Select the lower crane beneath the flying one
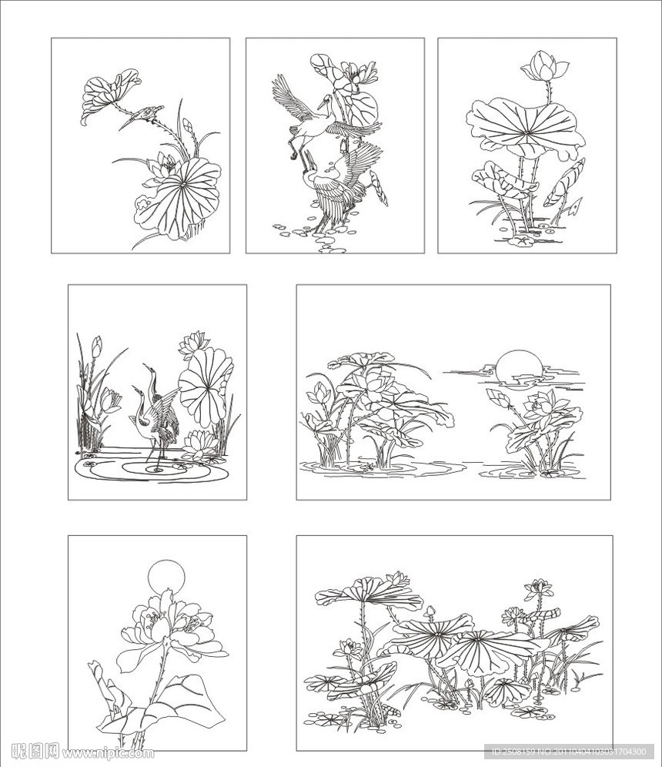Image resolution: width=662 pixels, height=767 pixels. click(x=339, y=185)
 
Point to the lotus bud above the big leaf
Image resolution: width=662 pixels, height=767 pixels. click(x=544, y=68)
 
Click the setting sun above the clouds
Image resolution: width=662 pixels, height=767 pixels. click(x=517, y=366)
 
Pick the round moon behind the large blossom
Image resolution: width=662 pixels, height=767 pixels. click(x=166, y=576)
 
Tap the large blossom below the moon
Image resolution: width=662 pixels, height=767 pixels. click(x=165, y=624)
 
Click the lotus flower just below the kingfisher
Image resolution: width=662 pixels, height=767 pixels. click(x=163, y=166)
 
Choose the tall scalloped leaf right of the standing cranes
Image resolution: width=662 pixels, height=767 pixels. click(x=205, y=385)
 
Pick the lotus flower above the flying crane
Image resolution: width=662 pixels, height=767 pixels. click(x=355, y=74)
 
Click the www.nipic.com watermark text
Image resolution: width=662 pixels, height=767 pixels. click(x=108, y=753)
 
